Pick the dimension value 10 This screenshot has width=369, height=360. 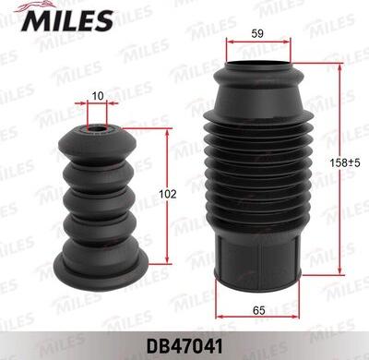point(98,95)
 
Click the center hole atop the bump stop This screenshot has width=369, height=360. point(98,129)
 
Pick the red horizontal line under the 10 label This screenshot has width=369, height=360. point(98,105)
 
